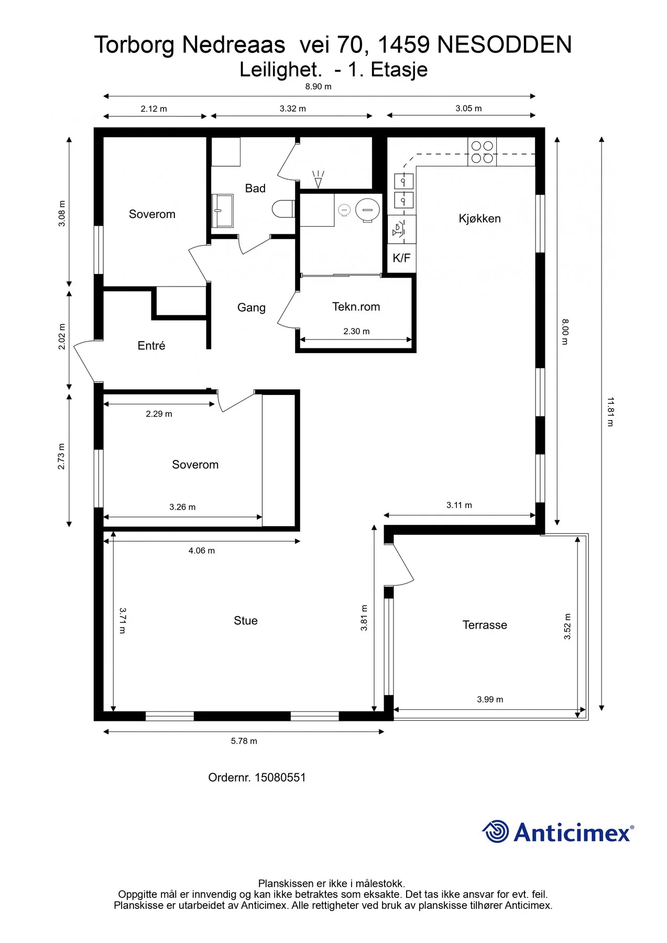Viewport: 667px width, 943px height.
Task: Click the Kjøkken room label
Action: click(x=479, y=218)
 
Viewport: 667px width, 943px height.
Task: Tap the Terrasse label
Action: click(x=485, y=624)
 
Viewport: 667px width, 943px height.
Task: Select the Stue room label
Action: click(x=245, y=620)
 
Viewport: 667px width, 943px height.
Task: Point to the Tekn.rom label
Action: click(x=356, y=306)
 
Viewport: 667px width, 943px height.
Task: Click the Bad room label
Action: click(x=255, y=188)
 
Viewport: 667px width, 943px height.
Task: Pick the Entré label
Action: click(x=151, y=345)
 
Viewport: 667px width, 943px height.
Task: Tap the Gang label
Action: click(x=252, y=308)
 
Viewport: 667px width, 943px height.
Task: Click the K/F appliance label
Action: click(x=401, y=258)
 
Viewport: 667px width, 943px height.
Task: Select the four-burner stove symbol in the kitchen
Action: click(x=482, y=152)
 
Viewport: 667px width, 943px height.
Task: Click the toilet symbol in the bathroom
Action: click(x=283, y=209)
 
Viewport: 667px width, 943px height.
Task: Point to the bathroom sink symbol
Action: click(x=222, y=211)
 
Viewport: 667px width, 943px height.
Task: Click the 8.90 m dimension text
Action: click(x=319, y=86)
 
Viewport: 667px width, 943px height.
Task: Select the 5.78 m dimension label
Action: click(x=244, y=741)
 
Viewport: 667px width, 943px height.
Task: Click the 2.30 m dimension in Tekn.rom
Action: click(x=356, y=331)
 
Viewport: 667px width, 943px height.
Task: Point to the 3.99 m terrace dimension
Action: click(x=490, y=699)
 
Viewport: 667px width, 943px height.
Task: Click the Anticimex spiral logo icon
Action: click(x=495, y=831)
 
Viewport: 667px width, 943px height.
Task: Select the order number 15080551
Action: click(x=280, y=777)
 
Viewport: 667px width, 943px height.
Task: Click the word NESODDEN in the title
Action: click(x=504, y=45)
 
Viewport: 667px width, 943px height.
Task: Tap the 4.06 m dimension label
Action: click(x=202, y=551)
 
